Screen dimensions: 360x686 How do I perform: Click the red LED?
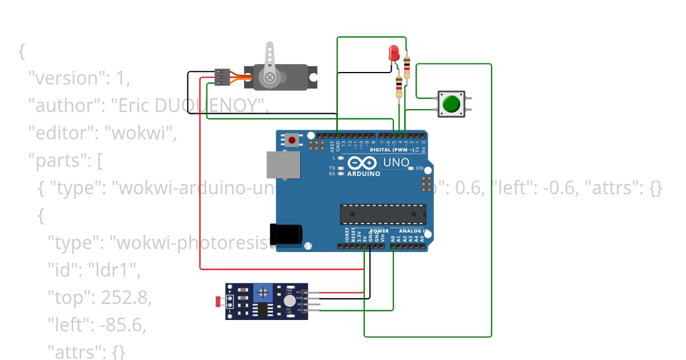coord(393,54)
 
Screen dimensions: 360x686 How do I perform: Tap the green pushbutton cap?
coord(451,104)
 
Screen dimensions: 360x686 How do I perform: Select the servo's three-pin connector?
coord(222,77)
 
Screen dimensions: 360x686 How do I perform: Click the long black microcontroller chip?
coord(383,214)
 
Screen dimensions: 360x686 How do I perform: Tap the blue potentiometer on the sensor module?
coord(264,293)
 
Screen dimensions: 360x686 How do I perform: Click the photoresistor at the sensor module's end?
coord(218,301)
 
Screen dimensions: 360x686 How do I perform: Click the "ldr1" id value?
coord(113,270)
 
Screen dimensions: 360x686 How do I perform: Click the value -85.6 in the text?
coord(122,325)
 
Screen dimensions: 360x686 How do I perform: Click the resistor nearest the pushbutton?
coord(407,67)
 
